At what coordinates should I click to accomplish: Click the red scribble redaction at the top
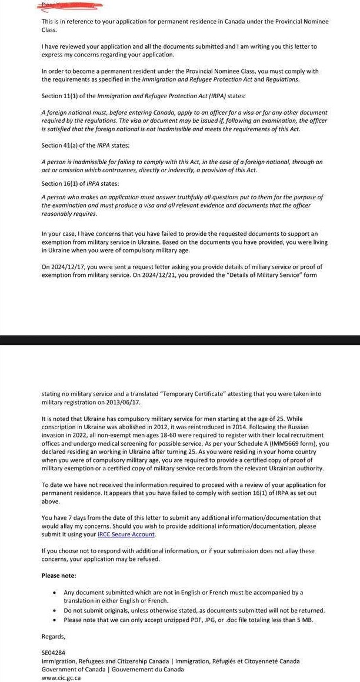coord(70,5)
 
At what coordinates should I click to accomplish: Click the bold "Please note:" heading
coord(58,576)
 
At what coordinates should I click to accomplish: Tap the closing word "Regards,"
coord(54,637)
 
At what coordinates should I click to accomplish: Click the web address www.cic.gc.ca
coord(61,678)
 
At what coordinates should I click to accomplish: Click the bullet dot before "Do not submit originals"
coord(55,611)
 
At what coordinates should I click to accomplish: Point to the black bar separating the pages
coord(180,340)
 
